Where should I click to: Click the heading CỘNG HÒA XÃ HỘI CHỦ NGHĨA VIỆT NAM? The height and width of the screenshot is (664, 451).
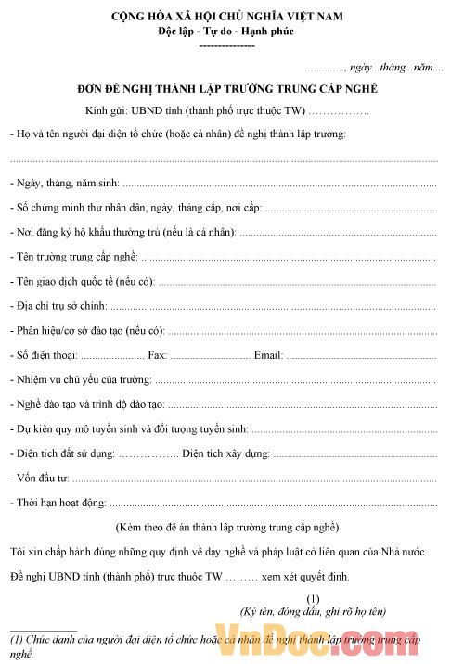226,16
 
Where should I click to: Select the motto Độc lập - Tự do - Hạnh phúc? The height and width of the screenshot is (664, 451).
226,32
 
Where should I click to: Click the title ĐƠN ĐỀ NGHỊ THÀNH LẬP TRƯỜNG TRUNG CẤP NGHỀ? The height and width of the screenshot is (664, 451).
226,90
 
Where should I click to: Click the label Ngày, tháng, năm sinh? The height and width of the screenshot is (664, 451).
65,183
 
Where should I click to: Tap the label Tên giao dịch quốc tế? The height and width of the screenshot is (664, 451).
71,280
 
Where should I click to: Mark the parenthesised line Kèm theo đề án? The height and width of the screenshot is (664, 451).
226,528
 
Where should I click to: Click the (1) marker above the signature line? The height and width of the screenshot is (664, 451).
313,598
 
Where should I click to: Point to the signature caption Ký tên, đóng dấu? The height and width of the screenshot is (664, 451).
313,612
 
